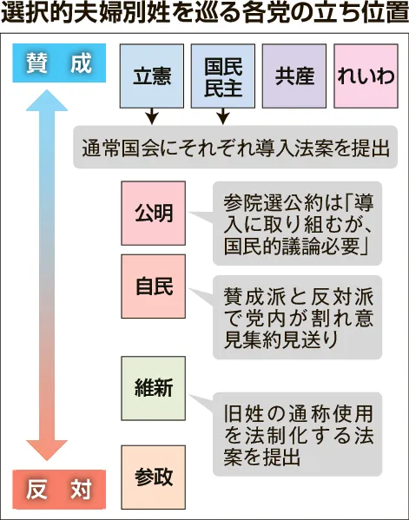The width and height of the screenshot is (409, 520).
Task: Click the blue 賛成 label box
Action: click(x=59, y=63)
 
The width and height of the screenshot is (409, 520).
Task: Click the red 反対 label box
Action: click(x=59, y=489)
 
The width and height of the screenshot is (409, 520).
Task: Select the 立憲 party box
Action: click(x=152, y=76)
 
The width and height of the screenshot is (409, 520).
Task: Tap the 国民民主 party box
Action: click(x=223, y=76)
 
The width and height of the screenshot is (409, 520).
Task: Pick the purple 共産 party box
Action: click(x=294, y=76)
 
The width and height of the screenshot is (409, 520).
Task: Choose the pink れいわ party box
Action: click(x=366, y=76)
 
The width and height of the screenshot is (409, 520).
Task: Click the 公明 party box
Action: click(x=153, y=214)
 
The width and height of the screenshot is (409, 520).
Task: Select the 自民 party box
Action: click(x=153, y=286)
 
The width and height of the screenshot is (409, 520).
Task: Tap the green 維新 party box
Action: click(x=153, y=388)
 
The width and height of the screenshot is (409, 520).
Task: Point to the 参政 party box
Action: click(x=153, y=477)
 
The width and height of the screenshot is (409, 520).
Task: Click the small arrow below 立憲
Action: click(x=152, y=116)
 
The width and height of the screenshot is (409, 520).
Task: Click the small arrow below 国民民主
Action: click(x=223, y=116)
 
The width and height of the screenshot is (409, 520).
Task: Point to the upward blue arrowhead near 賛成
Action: click(x=47, y=100)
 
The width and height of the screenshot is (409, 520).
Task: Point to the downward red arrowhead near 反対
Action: click(x=47, y=450)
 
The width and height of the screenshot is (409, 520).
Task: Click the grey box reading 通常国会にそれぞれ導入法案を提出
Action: click(x=235, y=147)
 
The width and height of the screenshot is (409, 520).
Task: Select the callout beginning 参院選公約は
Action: click(x=297, y=223)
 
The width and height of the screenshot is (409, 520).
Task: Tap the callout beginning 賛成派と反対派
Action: click(x=297, y=318)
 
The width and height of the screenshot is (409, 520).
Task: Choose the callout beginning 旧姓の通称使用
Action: click(x=297, y=434)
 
